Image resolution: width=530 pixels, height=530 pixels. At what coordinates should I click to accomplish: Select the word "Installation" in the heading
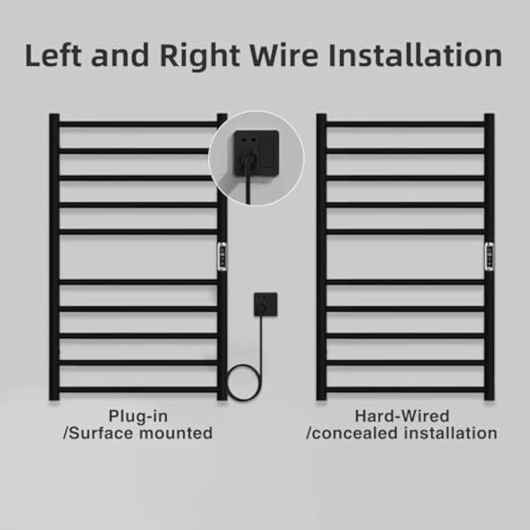(x=415, y=55)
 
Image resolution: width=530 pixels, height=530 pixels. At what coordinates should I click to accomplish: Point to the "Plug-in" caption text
(x=138, y=416)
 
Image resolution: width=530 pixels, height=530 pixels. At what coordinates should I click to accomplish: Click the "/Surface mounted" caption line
(x=138, y=433)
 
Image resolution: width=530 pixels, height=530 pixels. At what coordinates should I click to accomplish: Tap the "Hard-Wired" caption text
(x=402, y=416)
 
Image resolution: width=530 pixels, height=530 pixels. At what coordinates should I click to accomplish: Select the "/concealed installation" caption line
(x=402, y=433)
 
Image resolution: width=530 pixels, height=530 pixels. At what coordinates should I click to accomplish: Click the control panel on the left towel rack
(x=222, y=256)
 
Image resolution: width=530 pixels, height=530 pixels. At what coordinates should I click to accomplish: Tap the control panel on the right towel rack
(x=489, y=256)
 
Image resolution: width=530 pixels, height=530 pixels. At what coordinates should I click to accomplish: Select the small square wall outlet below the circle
(x=266, y=304)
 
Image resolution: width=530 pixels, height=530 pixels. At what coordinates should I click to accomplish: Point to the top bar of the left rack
(x=138, y=124)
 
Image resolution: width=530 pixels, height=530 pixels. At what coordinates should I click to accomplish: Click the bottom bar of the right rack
(x=405, y=390)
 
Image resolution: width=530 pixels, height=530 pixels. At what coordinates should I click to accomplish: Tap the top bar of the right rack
(x=405, y=124)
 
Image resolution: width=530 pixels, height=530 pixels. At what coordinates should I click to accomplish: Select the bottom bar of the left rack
(x=138, y=390)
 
